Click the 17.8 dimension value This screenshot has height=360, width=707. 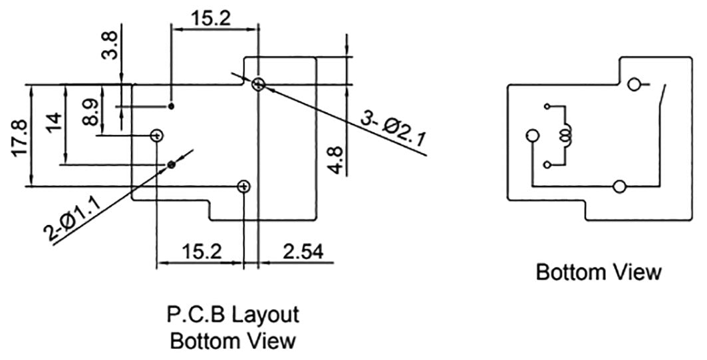click(x=21, y=138)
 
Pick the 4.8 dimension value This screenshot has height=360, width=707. click(x=337, y=160)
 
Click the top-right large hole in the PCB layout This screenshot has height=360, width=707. click(x=259, y=84)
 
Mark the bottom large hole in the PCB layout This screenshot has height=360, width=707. click(x=244, y=186)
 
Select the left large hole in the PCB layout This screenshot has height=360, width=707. click(x=157, y=136)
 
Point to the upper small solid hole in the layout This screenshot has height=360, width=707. click(x=172, y=106)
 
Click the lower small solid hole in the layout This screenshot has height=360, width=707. click(x=172, y=164)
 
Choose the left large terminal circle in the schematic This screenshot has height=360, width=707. click(x=531, y=136)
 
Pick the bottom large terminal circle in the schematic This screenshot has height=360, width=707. click(x=620, y=187)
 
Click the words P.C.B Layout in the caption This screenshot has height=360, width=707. click(x=232, y=313)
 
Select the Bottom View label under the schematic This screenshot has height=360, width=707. click(x=599, y=272)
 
